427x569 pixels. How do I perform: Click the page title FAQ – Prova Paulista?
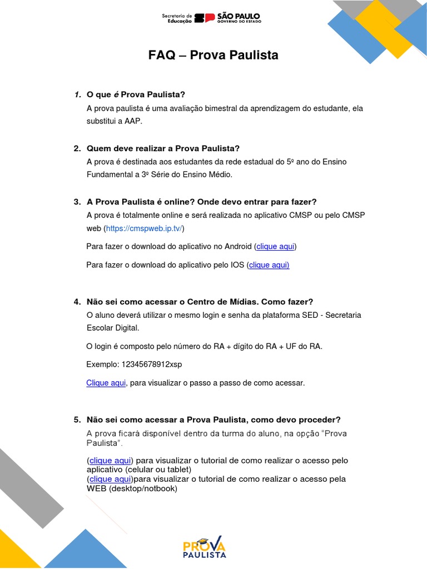click(213, 56)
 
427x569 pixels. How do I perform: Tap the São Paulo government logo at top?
click(211, 18)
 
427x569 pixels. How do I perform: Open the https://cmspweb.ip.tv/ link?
click(145, 228)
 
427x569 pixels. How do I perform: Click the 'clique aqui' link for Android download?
click(275, 246)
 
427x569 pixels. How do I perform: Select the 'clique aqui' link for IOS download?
click(269, 265)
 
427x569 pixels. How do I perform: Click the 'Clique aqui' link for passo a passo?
click(106, 383)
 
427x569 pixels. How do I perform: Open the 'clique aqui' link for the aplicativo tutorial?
click(110, 461)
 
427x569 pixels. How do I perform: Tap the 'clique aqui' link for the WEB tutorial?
click(110, 479)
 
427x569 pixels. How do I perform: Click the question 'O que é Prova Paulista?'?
click(136, 94)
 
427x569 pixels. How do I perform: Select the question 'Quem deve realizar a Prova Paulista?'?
click(163, 148)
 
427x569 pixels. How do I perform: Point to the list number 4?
click(77, 302)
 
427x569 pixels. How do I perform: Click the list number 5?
click(77, 420)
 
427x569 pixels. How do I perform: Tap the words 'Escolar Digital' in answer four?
click(112, 328)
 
